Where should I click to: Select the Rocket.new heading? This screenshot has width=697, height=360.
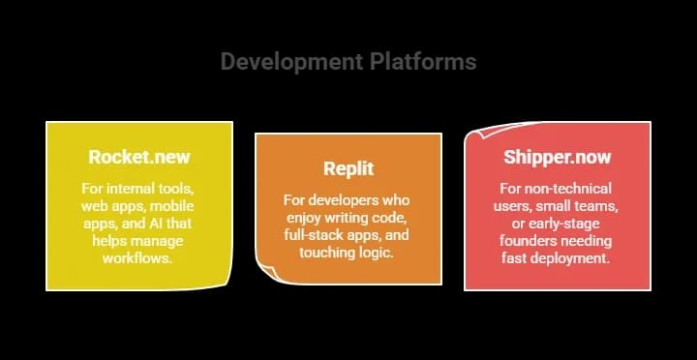139,157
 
